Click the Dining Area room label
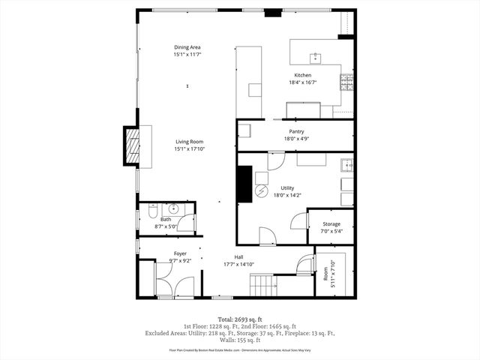pos(187,47)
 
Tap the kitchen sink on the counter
pos(316,57)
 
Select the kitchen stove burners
pos(346,82)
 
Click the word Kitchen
pos(302,76)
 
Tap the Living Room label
pos(190,142)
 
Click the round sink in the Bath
pos(173,210)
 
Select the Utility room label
pos(287,188)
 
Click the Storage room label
pos(331,224)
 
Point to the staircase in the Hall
pos(264,285)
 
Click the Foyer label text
pos(180,254)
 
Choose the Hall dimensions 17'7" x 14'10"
pos(238,264)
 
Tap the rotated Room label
pos(326,275)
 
